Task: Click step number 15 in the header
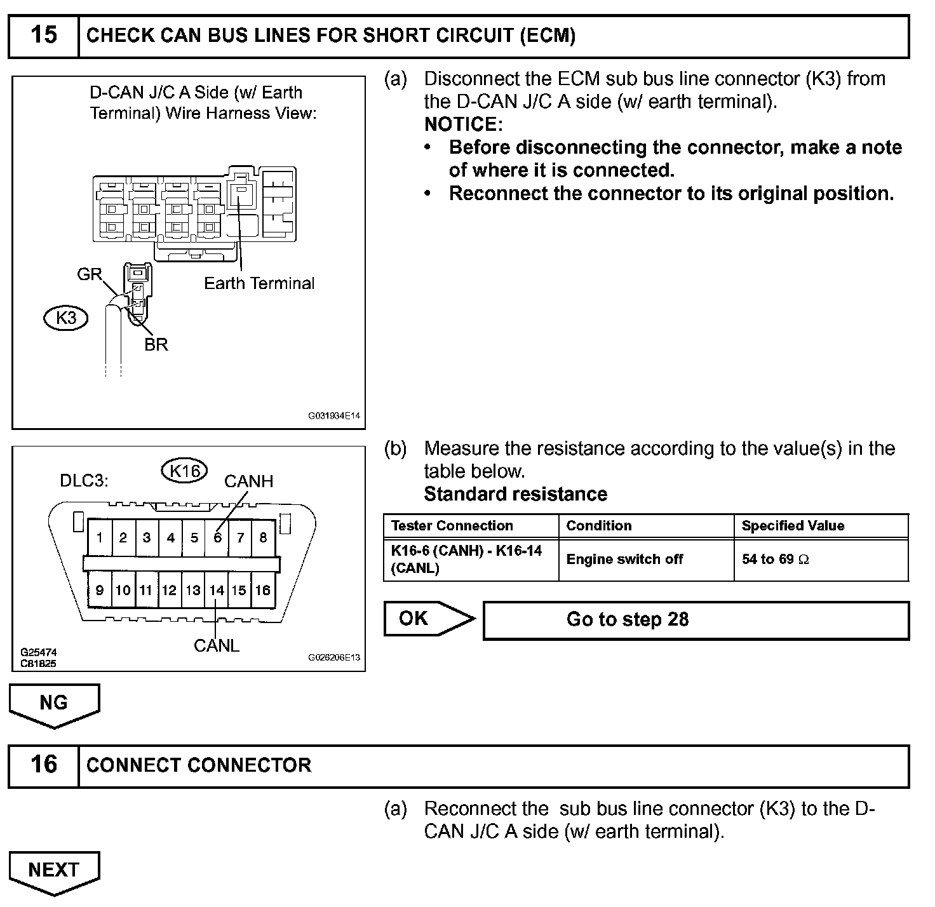coord(43,35)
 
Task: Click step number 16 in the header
coord(43,764)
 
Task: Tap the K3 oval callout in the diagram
coord(66,317)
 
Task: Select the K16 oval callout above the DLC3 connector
coord(185,471)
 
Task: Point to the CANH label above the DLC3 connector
coord(248,481)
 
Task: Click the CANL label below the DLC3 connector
coord(217,646)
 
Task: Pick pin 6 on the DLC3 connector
coord(217,538)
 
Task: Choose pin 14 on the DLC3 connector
coord(217,590)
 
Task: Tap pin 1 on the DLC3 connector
coord(100,538)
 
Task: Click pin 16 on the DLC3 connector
coord(262,590)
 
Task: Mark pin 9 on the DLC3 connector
coord(100,590)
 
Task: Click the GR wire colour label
coord(89,274)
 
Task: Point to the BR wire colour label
coord(156,344)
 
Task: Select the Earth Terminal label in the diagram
coord(259,283)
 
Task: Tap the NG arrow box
coord(54,704)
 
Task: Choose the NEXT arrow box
coord(54,870)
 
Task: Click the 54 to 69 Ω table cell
coord(821,560)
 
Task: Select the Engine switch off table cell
coord(645,560)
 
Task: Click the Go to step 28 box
coord(696,620)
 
